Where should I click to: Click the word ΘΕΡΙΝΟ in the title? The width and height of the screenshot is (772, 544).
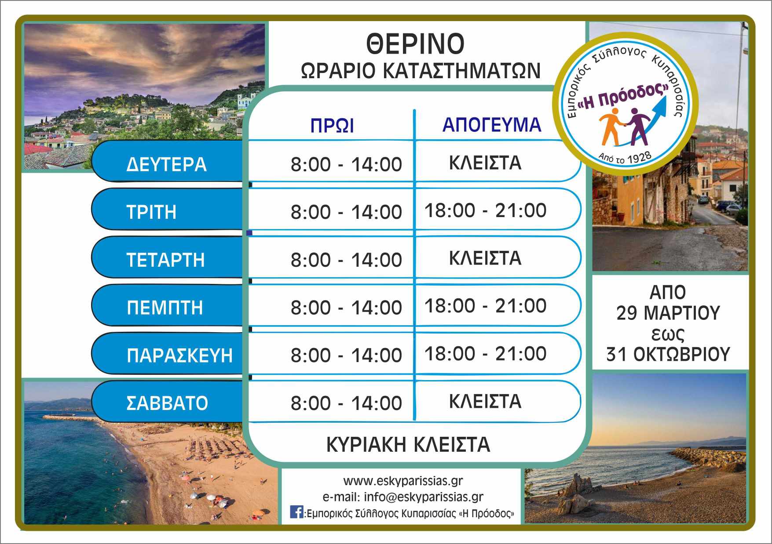(415, 44)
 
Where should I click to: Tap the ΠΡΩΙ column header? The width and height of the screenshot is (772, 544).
(332, 126)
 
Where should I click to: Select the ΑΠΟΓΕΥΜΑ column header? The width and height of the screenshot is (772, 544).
(492, 125)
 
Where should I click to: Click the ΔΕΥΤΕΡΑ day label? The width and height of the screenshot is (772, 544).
(166, 164)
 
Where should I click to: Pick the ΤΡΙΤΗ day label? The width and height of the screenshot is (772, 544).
(152, 212)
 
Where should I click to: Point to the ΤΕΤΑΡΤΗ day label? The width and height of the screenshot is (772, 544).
(166, 260)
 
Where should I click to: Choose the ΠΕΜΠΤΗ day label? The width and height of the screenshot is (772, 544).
(165, 308)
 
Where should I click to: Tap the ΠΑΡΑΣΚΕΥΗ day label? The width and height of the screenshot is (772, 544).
(179, 355)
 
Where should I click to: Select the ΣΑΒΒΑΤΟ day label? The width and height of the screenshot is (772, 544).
(167, 403)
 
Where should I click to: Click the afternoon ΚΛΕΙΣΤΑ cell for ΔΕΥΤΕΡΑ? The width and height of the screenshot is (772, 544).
(485, 163)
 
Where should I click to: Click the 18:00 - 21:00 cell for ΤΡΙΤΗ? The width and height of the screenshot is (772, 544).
(486, 210)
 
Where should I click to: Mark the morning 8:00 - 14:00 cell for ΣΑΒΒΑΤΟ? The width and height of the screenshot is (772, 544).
(346, 403)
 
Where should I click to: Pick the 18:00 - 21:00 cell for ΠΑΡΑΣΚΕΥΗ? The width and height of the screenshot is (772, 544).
(486, 354)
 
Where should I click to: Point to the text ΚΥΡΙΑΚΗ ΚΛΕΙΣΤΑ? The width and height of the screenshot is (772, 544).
(408, 445)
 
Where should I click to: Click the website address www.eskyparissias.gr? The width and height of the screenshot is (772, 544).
(403, 481)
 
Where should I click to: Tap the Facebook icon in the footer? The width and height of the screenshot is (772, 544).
(296, 512)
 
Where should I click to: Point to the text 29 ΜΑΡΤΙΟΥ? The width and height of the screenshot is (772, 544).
(668, 313)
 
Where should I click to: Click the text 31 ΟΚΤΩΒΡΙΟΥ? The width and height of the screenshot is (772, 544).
(668, 354)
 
